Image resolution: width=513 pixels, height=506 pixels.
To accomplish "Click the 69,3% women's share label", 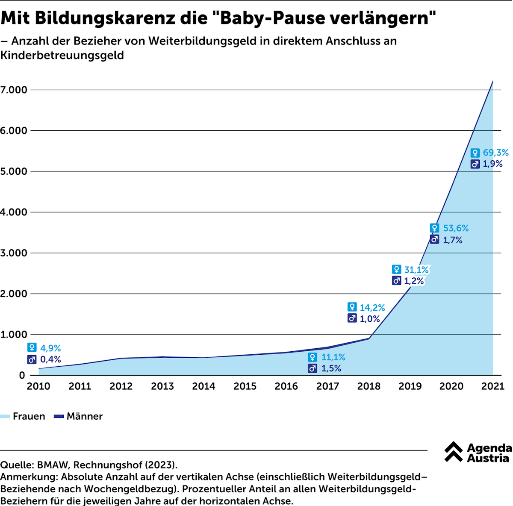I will click(495, 153).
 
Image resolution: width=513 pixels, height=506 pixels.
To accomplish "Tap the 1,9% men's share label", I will click(492, 164).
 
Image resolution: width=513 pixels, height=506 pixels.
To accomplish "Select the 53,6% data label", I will click(456, 228).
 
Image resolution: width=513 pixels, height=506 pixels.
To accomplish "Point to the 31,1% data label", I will click(416, 270).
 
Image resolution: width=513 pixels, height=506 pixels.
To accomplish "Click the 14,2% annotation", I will click(372, 308).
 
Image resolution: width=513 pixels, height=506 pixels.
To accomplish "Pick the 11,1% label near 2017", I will click(333, 357).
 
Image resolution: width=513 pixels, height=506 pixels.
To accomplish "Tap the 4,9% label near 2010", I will click(50, 348).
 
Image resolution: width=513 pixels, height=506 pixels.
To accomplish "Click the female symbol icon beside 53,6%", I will click(434, 228).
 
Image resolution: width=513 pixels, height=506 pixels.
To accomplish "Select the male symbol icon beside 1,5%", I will click(313, 368).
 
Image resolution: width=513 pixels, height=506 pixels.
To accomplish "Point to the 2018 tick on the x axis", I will click(369, 386).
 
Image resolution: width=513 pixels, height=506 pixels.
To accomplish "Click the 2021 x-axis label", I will click(492, 386).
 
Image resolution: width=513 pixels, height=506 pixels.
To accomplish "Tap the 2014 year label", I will click(203, 386).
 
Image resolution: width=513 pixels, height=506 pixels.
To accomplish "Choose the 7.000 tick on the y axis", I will click(14, 90).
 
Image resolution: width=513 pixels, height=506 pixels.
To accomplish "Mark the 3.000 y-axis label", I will click(14, 253).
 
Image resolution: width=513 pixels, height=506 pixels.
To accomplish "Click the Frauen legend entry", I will click(29, 416).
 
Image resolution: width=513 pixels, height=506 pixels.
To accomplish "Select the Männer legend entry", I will click(84, 416).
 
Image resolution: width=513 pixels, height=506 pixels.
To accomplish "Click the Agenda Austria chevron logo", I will click(453, 452).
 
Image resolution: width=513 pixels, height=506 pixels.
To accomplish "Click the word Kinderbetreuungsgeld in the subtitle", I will click(62, 56).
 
